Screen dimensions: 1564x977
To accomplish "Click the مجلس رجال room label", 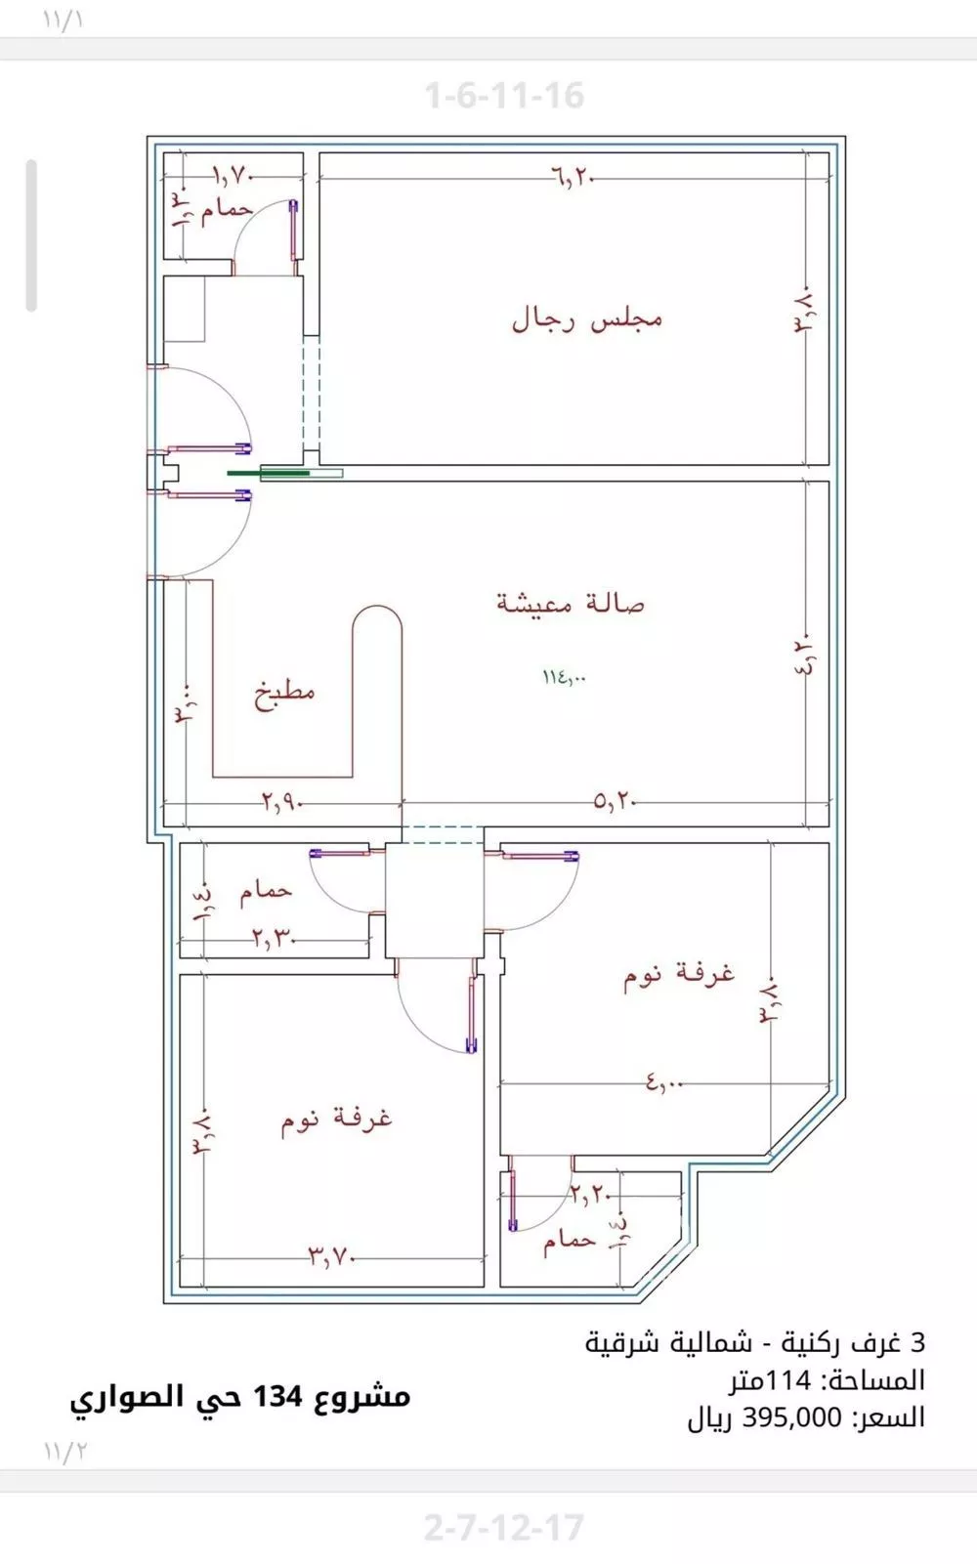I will click(x=587, y=319).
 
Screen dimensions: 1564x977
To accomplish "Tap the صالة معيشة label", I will click(x=571, y=603).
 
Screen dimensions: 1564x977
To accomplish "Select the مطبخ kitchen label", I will click(x=285, y=695).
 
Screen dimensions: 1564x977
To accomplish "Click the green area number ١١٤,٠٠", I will click(x=565, y=676).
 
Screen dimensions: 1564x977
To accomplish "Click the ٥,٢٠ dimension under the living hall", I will click(x=615, y=801).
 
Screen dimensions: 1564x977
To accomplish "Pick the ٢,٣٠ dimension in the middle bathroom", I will click(x=274, y=939).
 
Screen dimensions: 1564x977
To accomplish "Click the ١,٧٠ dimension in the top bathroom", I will click(x=234, y=176).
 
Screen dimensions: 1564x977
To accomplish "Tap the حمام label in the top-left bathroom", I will click(x=227, y=210).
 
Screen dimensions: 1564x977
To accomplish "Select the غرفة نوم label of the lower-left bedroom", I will click(x=337, y=1119).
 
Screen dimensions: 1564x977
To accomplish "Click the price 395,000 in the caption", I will click(x=792, y=1417).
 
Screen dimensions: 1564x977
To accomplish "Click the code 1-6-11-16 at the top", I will click(x=504, y=96).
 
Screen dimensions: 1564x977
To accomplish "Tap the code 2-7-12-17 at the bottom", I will click(x=504, y=1527).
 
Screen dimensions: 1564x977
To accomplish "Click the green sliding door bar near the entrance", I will click(x=270, y=473).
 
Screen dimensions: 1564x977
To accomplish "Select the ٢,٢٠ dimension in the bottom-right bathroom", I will click(x=590, y=1193).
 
